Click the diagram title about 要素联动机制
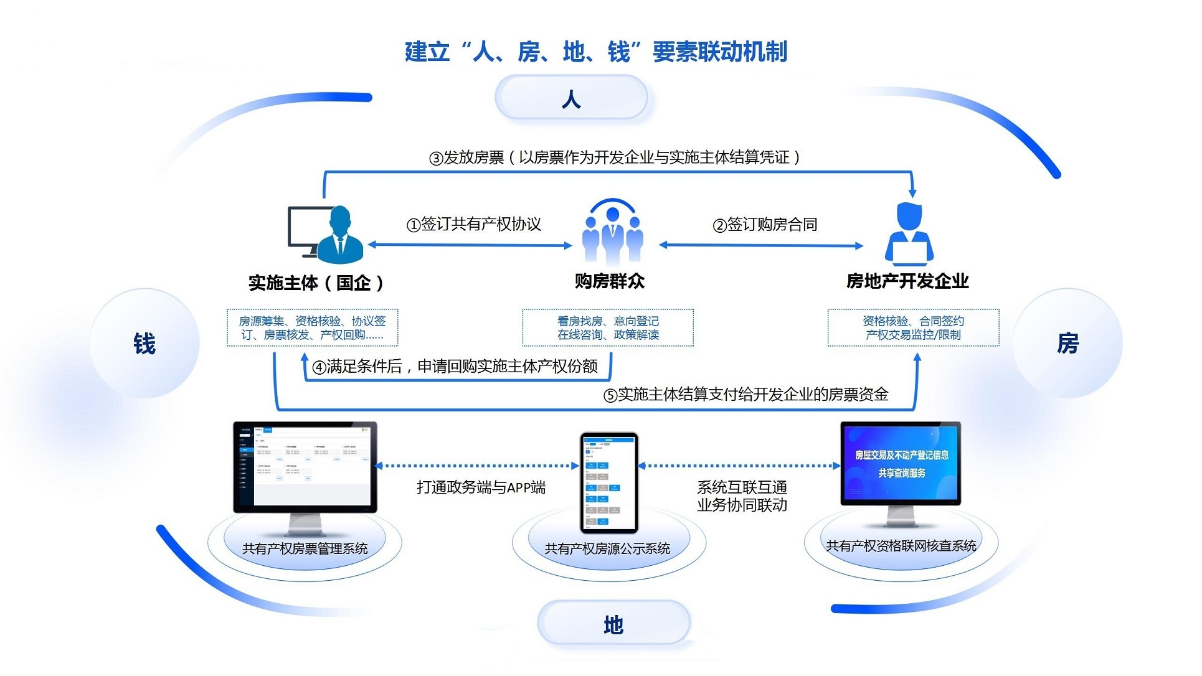click(x=596, y=52)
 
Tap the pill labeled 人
click(x=571, y=98)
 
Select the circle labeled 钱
click(x=144, y=344)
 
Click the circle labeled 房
click(x=1067, y=344)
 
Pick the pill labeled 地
click(x=613, y=624)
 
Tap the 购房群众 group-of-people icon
click(x=612, y=233)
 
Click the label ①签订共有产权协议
click(x=474, y=224)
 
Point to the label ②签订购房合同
click(x=765, y=224)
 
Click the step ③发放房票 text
click(x=615, y=157)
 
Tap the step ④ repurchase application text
click(x=455, y=367)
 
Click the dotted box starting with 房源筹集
click(x=312, y=328)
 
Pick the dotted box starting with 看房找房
click(x=608, y=328)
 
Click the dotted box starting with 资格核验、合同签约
click(x=913, y=328)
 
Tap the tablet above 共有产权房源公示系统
click(x=608, y=482)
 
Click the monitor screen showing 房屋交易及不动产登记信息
click(x=901, y=462)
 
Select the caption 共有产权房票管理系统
click(x=305, y=548)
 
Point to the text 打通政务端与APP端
click(x=481, y=487)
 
